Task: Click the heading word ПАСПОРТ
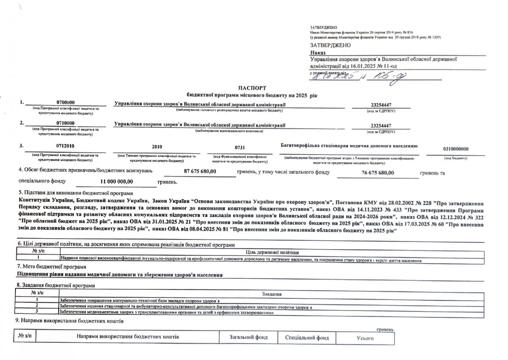252,88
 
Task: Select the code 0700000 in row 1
66,103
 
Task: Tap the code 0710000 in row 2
66,123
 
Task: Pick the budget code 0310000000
455,149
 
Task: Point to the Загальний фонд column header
248,338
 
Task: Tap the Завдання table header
272,294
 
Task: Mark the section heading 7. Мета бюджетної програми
51,267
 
